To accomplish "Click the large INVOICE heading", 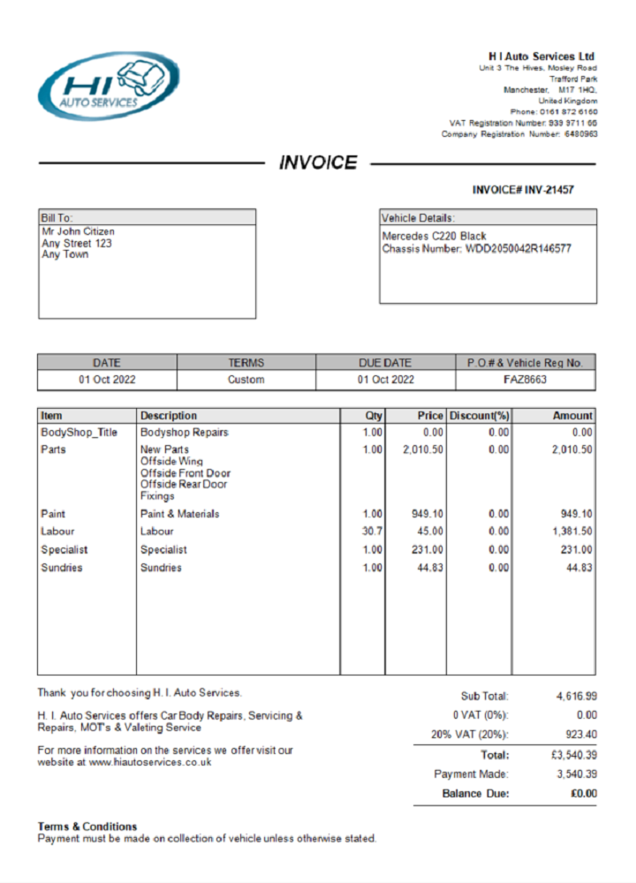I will (318, 162).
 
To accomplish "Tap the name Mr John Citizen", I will (78, 232).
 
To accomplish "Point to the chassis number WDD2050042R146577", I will (518, 249).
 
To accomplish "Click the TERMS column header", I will (246, 363).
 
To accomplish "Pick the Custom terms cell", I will (246, 380).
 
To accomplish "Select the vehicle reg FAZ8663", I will (526, 380).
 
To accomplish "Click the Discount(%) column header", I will (480, 416).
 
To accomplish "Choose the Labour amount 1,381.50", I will (572, 532).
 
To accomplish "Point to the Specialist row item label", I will (64, 549).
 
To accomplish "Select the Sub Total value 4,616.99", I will (576, 697).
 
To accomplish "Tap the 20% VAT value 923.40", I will (580, 735).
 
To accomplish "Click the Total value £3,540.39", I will (573, 756).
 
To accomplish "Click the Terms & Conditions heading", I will (87, 826).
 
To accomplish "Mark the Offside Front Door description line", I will (185, 473).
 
